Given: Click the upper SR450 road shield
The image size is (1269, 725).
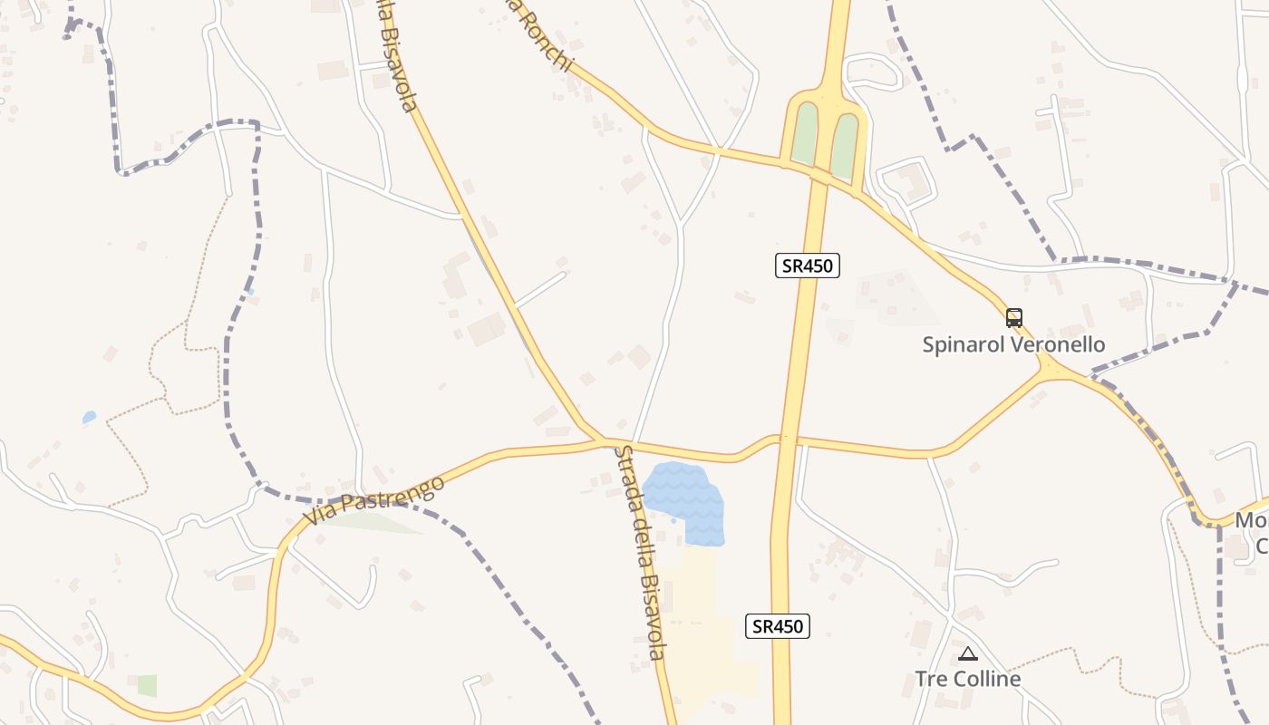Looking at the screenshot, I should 808,265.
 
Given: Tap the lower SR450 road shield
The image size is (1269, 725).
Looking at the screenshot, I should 777,625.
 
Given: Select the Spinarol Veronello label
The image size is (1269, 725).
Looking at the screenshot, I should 1013,344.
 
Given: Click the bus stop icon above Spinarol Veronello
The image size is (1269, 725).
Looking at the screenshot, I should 1013,318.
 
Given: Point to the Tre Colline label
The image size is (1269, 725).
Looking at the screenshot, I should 967,679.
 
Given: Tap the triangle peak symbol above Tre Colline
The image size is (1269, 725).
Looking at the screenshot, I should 968,653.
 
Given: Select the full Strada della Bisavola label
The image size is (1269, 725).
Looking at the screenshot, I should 640,552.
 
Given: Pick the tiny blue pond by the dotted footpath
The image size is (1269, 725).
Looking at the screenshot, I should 89,417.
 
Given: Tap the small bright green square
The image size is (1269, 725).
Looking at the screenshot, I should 147,685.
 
